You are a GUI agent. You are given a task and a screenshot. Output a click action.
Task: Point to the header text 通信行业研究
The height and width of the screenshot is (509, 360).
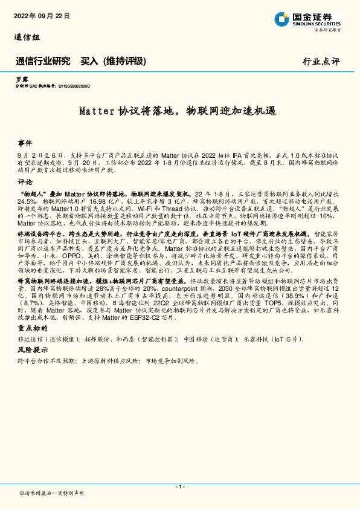pyautogui.click(x=43, y=61)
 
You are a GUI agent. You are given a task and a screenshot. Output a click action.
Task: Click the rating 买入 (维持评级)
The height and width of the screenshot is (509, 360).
pyautogui.click(x=114, y=61)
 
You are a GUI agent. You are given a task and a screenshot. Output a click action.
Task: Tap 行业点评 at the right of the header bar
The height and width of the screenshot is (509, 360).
pyautogui.click(x=321, y=62)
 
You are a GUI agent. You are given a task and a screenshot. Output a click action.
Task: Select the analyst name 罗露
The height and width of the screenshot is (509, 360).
pyautogui.click(x=21, y=80)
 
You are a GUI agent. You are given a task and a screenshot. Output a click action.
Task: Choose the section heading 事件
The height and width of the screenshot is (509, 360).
pyautogui.click(x=25, y=143)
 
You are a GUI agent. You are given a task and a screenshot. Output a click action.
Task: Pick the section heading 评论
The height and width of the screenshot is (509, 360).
pyautogui.click(x=25, y=181)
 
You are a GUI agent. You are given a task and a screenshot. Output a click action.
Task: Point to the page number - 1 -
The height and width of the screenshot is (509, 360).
pyautogui.click(x=179, y=487)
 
